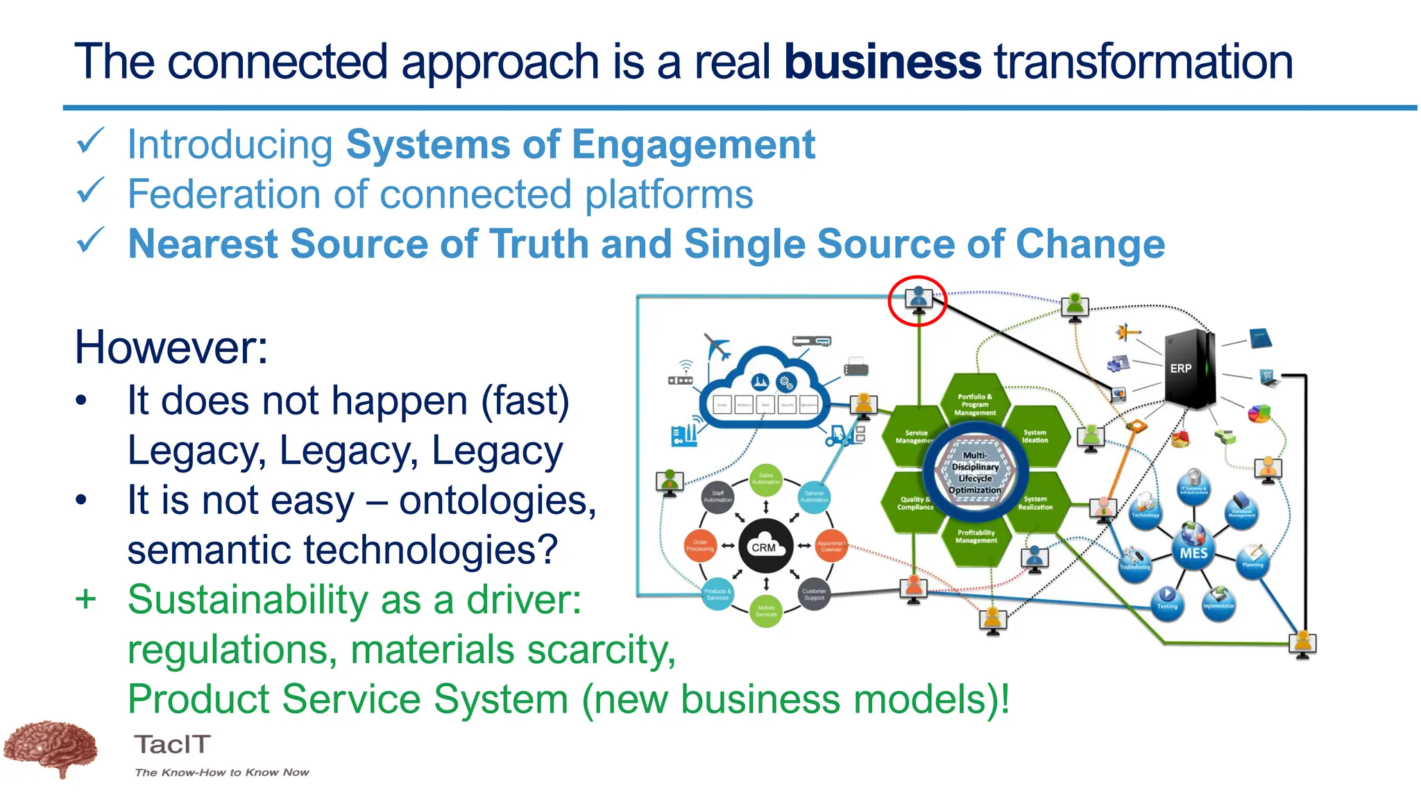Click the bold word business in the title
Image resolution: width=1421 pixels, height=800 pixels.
click(x=882, y=61)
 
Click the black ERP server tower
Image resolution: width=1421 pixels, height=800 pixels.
click(x=1189, y=369)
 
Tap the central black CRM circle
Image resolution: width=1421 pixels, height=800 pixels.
click(x=765, y=547)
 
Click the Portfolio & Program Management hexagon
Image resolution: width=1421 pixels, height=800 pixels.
click(x=975, y=404)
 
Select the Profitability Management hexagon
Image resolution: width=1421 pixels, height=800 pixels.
click(x=976, y=537)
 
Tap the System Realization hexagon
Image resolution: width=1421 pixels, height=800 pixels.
click(x=1035, y=503)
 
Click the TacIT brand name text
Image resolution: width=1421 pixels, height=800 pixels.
click(x=172, y=744)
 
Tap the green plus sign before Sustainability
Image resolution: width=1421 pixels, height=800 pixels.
click(x=85, y=599)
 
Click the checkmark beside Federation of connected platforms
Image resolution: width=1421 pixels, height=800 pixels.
click(x=91, y=191)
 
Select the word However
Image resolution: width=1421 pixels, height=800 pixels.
click(x=171, y=347)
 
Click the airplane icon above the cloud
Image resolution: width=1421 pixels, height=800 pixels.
click(x=717, y=345)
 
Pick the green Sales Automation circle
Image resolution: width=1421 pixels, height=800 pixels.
click(x=765, y=479)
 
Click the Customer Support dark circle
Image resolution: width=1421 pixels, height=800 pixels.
click(x=814, y=594)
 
